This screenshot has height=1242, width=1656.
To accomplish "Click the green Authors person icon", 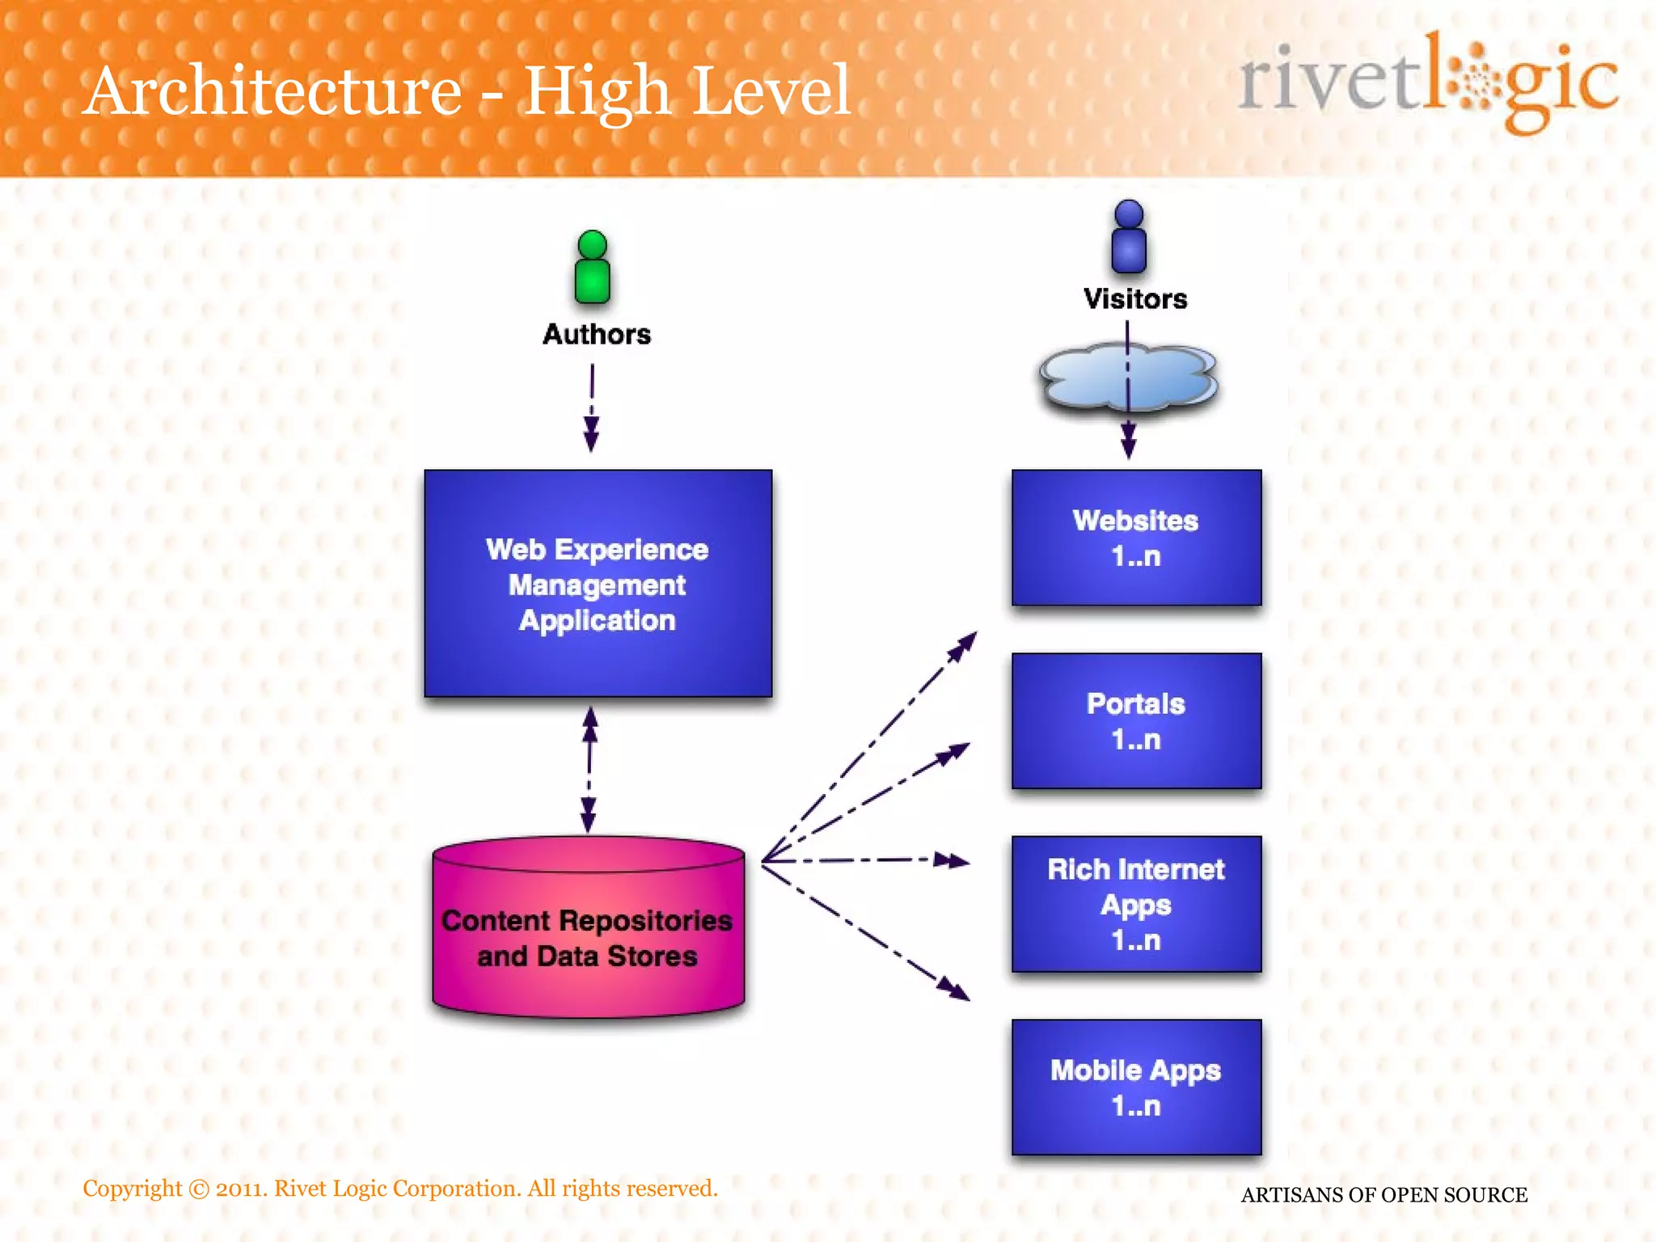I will point(593,268).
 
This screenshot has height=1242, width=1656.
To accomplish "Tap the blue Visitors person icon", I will point(1129,237).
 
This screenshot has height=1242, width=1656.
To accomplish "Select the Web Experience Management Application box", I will point(598,584).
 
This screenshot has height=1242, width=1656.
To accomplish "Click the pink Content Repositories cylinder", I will point(588,930).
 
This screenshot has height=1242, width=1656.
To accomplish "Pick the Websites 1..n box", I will point(1136,538).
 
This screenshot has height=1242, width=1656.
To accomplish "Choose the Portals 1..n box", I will point(1136,720).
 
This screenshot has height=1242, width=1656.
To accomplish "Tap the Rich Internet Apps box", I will point(1136,904).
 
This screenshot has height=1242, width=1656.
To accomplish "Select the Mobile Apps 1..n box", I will point(1136,1087).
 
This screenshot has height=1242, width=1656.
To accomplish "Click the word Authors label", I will point(597,334).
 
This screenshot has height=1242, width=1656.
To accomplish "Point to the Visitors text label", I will point(1135,299).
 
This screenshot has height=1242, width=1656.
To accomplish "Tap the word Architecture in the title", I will point(273,91).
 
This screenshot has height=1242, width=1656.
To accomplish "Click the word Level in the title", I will point(770,91).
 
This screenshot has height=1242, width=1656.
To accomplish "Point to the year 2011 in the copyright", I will point(239,1189).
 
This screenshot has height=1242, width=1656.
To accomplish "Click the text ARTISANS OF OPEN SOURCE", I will point(1384,1194).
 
